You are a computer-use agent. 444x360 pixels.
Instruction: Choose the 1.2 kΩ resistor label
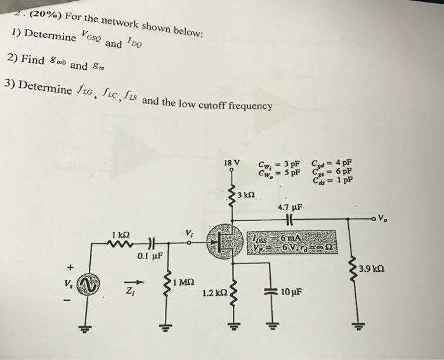click(211, 294)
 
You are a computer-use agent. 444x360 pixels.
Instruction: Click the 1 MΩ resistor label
click(185, 280)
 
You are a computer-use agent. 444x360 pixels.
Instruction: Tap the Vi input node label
click(188, 230)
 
